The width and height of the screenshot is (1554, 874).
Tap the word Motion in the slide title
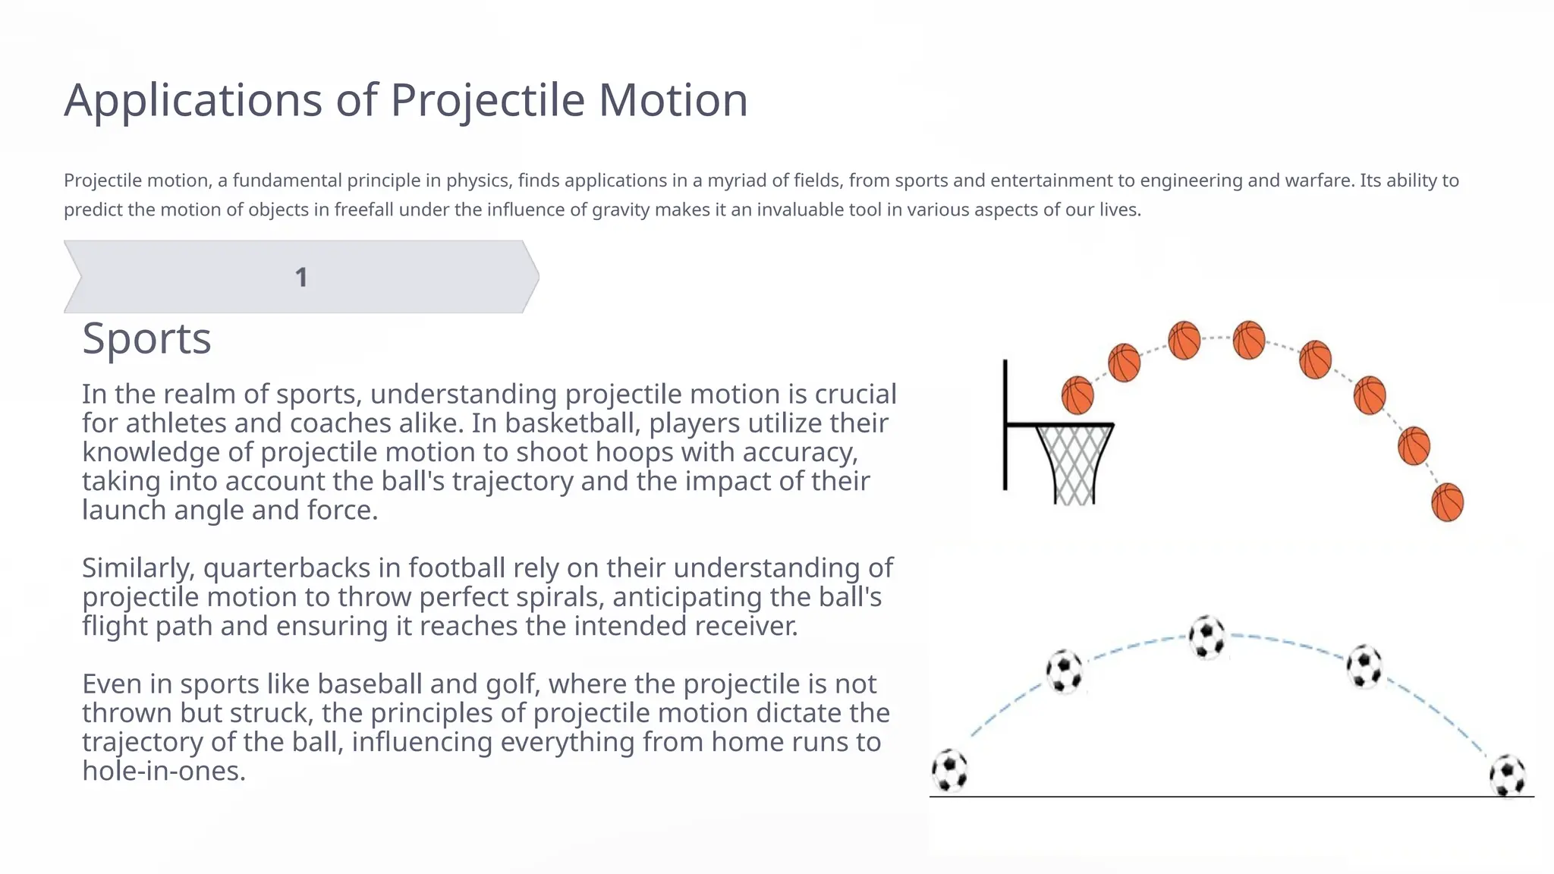tap(673, 100)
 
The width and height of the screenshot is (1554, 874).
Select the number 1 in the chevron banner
tap(301, 278)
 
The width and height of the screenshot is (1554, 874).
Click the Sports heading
tap(146, 338)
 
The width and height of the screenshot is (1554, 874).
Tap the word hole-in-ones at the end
tap(163, 771)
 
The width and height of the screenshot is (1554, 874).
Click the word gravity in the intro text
tap(620, 210)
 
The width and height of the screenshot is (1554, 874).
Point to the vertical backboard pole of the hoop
tap(1005, 425)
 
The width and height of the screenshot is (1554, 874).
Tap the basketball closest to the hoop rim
tap(1077, 395)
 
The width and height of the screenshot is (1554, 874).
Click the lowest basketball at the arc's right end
tap(1447, 502)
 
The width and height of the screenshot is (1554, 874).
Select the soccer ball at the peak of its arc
tap(1206, 637)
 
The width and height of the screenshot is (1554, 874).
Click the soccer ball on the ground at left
tap(949, 770)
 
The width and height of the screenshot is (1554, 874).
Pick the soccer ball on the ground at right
tap(1507, 775)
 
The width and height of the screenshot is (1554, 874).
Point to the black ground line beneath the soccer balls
tap(1229, 797)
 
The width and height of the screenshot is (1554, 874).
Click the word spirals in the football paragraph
tap(560, 597)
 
